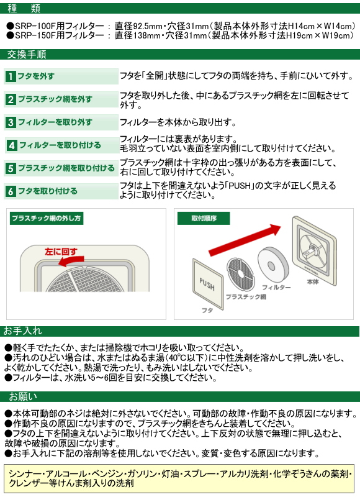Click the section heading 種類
(24, 8)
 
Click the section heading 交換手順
(27, 54)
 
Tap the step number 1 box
(11, 76)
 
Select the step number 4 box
(12, 145)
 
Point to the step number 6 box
(11, 191)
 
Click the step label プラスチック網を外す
(55, 99)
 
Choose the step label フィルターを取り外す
(55, 122)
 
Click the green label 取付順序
(204, 219)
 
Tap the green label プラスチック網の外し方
(46, 219)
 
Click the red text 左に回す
(61, 252)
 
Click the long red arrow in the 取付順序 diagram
(245, 240)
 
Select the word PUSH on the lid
(207, 284)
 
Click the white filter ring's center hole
(271, 266)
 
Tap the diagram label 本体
(313, 282)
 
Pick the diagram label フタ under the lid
(207, 311)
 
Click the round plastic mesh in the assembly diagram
(241, 274)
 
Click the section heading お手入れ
(22, 331)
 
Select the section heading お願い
(23, 396)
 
